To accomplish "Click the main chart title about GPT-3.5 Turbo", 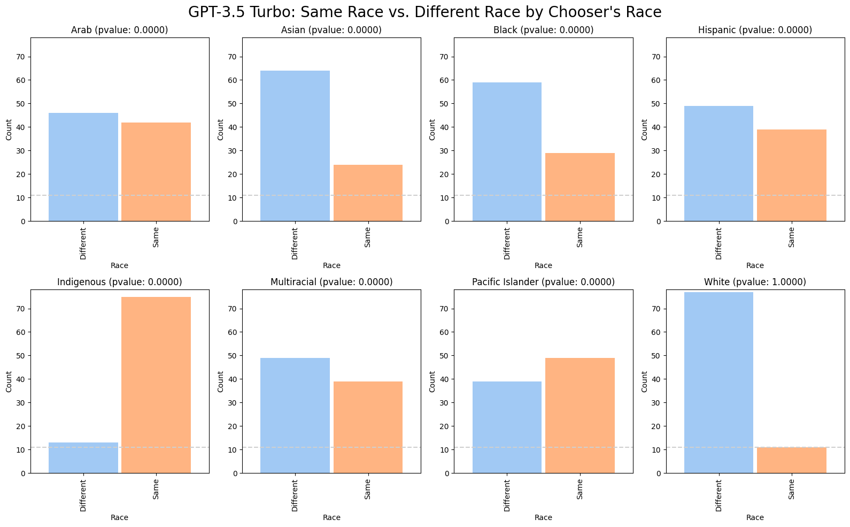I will [424, 12].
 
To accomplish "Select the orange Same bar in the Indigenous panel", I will [156, 385].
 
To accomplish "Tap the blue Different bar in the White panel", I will [718, 383].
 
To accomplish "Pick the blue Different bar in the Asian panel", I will [295, 146].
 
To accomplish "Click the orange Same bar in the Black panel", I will [580, 187].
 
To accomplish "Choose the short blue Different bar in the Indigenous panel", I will [83, 457].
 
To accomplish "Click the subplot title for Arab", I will [119, 30].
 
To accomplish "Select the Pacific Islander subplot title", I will [543, 282].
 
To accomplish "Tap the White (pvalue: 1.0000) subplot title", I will [755, 282].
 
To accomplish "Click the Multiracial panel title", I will [331, 282].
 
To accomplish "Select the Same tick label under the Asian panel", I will [368, 237].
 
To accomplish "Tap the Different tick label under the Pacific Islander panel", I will [507, 495].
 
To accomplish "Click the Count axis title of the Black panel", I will [432, 129].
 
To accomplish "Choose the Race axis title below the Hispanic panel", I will [755, 265].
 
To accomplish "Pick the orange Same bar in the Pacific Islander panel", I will [580, 415].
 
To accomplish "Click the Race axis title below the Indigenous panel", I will [119, 517].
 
